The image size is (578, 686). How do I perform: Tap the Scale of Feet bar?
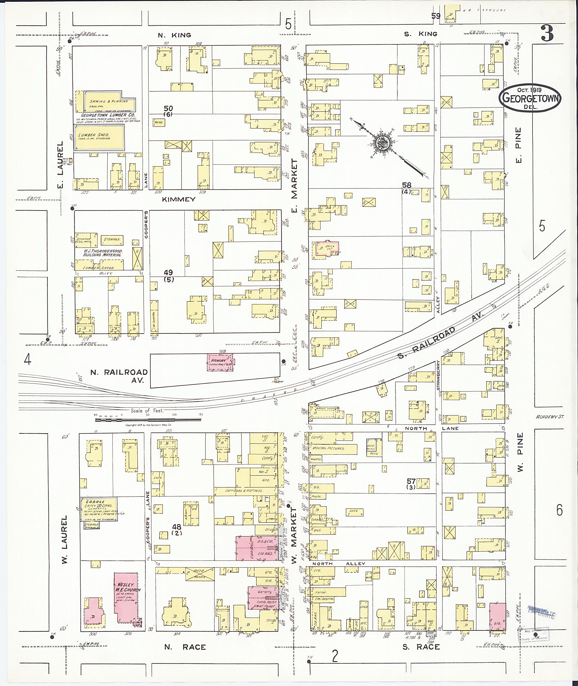[148, 419]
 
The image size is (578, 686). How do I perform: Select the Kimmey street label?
[178, 199]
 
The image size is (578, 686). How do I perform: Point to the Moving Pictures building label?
[328, 448]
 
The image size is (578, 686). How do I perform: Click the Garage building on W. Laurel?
[99, 509]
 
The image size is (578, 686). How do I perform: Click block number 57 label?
[411, 481]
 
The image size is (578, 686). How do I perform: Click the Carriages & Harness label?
[244, 491]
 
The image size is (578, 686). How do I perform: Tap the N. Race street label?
[185, 647]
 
